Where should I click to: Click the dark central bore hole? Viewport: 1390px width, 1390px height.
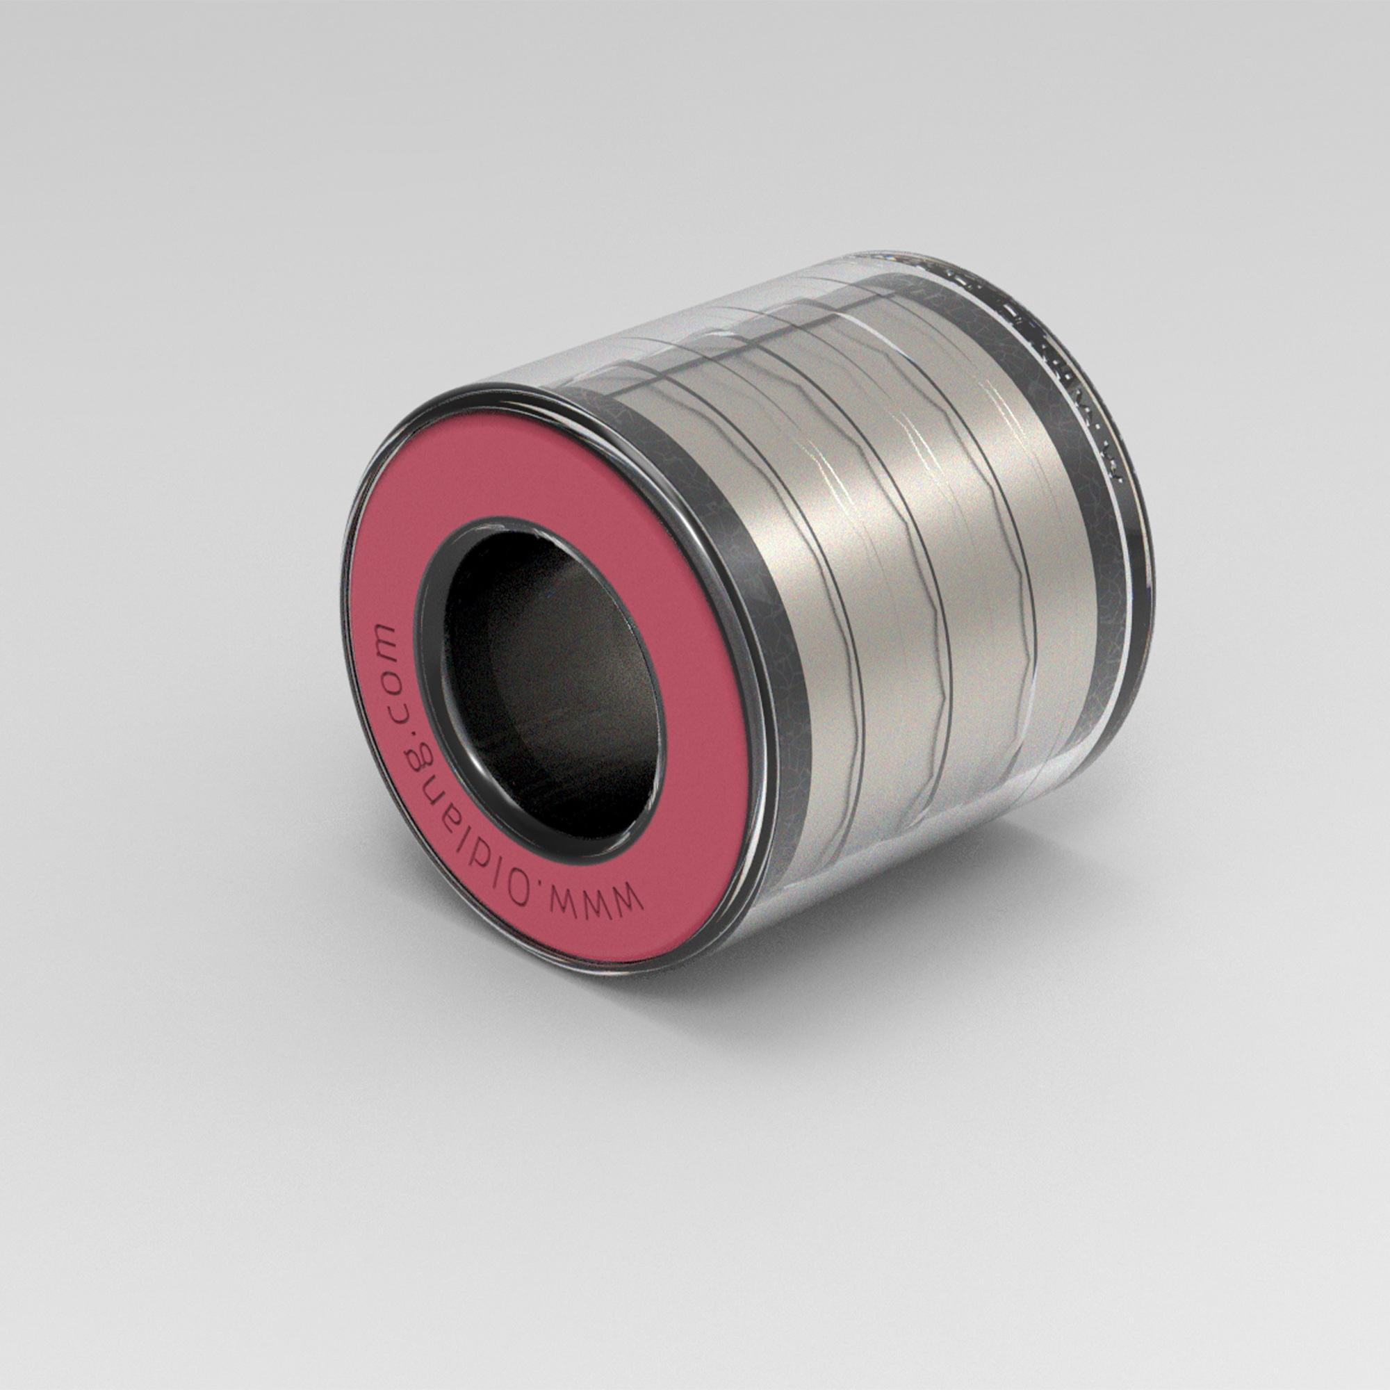point(547,683)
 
